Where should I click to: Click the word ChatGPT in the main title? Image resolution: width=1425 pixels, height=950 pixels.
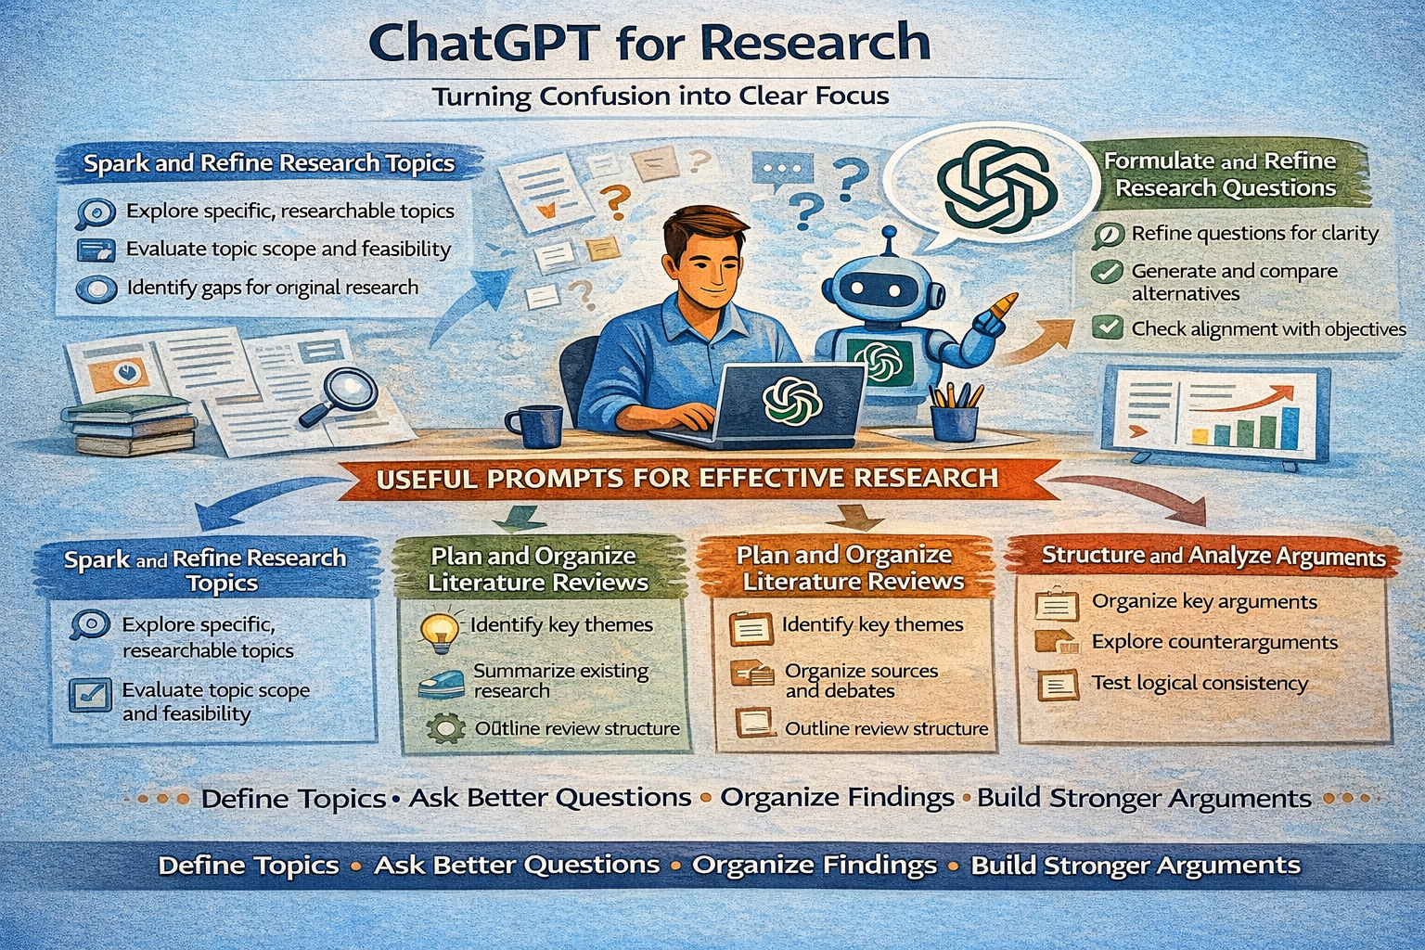[x=483, y=43]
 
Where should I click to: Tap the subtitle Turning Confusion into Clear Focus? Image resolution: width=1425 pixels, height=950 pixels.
[x=661, y=96]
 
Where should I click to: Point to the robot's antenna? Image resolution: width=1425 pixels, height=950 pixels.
[x=890, y=242]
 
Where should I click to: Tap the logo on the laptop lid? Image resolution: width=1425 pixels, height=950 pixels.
[x=792, y=401]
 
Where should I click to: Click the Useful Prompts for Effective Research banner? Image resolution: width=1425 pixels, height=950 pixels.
[x=687, y=479]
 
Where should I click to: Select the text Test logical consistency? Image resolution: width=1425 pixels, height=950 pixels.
[x=1200, y=684]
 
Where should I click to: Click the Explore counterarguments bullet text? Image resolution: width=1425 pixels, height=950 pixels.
[x=1214, y=642]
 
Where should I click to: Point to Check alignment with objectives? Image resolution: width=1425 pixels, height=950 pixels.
[x=1268, y=329]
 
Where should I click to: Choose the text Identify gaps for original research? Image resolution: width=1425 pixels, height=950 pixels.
[x=272, y=289]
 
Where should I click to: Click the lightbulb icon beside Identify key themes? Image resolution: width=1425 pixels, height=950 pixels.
[x=440, y=631]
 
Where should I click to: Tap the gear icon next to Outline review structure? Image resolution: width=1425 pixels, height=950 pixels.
[x=444, y=728]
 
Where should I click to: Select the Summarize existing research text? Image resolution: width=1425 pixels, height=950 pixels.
[x=560, y=680]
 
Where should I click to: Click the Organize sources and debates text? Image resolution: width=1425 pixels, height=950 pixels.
[x=861, y=680]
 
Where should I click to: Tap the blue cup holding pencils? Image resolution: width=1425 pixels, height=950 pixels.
[x=955, y=421]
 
